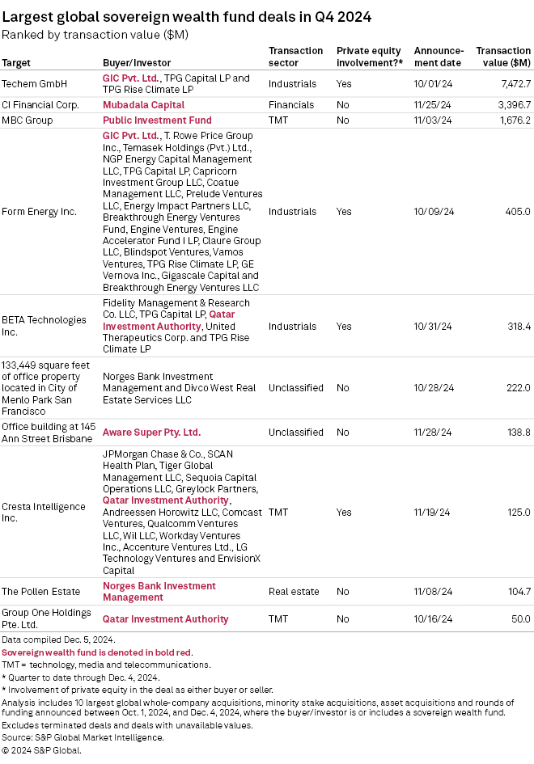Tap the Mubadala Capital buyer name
[143, 105]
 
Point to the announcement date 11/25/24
[434, 105]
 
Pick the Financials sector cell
[291, 105]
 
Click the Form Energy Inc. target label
[40, 212]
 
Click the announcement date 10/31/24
[434, 327]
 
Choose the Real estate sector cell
[294, 592]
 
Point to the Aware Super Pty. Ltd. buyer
[151, 433]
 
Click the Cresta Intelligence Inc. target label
[44, 513]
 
